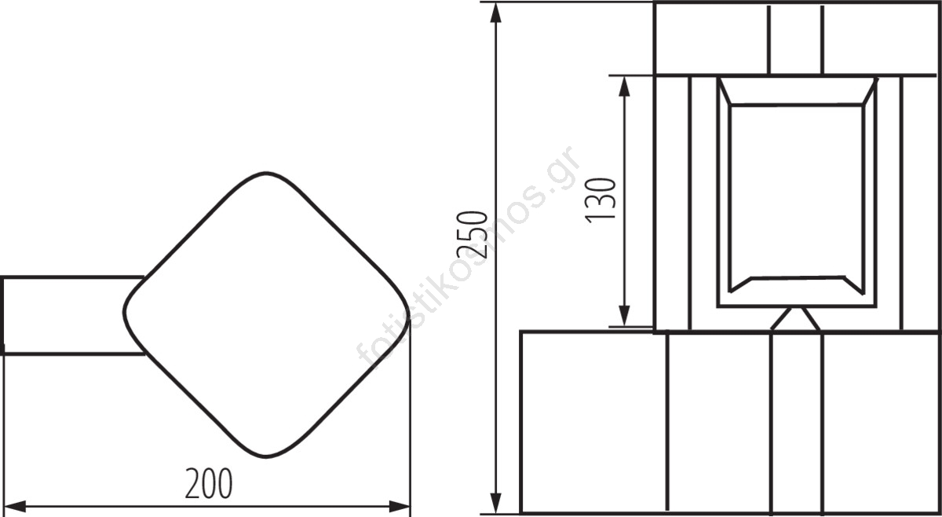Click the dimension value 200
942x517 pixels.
[209, 483]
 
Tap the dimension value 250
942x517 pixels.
[473, 234]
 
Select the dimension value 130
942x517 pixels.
[601, 200]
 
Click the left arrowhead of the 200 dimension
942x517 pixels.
[15, 507]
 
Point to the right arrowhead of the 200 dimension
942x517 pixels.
[399, 507]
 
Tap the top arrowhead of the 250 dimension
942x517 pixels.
[496, 13]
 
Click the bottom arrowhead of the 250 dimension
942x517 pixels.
[496, 503]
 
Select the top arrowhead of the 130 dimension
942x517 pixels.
[625, 86]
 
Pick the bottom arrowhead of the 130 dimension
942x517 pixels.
[625, 316]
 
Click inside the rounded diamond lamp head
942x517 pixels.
[266, 314]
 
